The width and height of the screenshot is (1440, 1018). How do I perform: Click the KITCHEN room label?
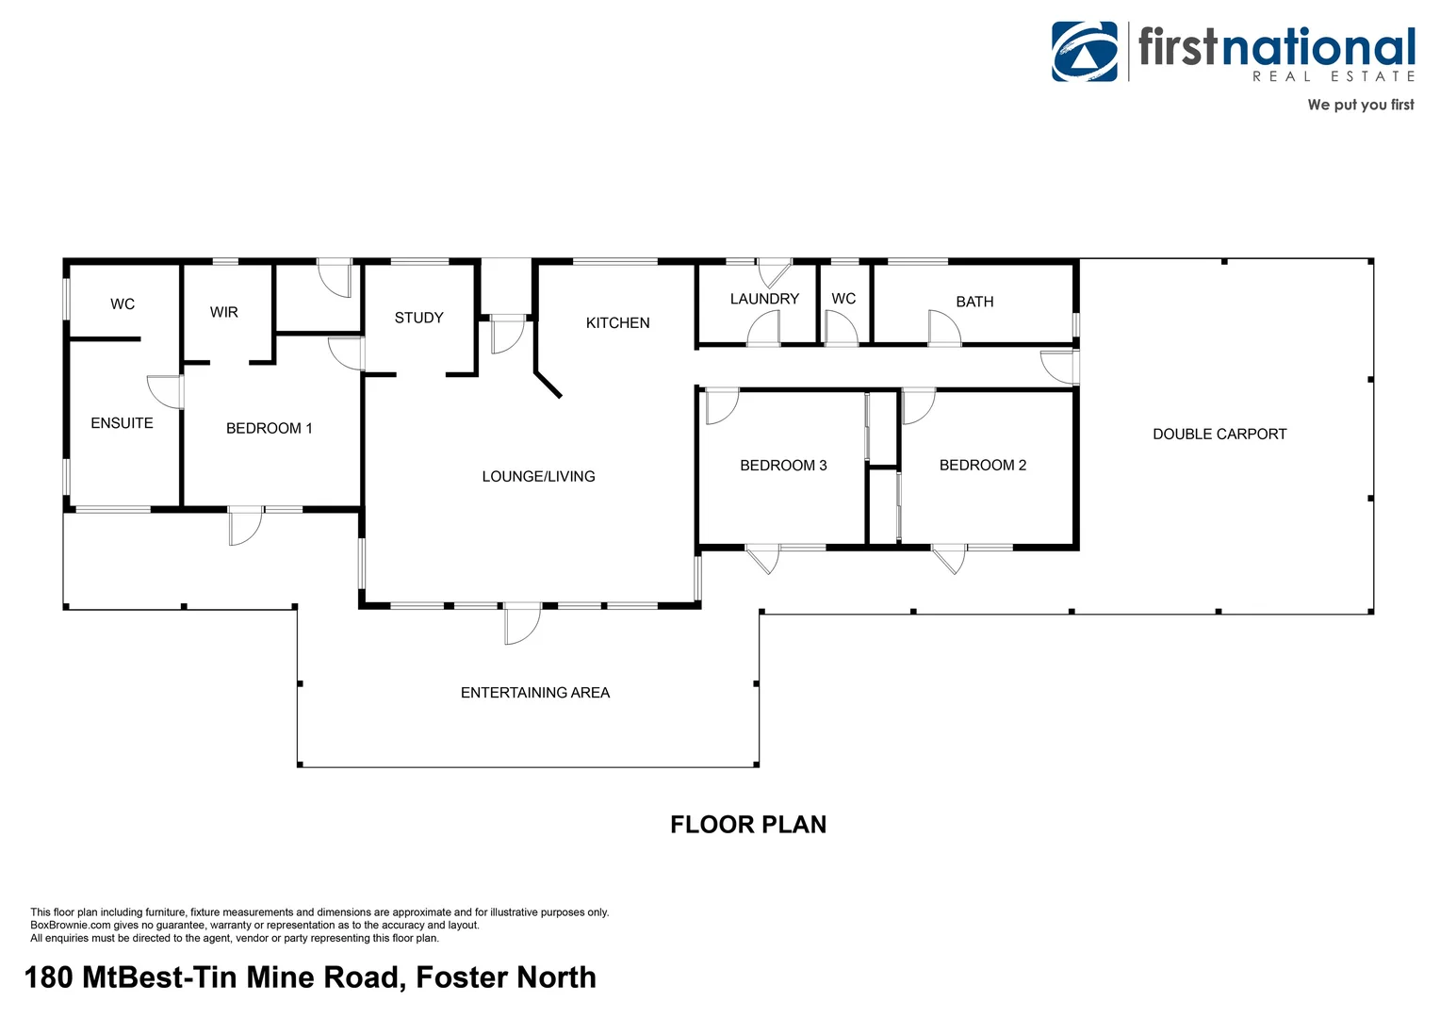(x=617, y=322)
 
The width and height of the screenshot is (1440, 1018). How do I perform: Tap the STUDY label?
(x=418, y=318)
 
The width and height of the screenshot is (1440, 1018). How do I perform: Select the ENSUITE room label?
(x=122, y=423)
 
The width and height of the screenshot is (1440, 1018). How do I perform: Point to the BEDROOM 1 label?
(x=269, y=428)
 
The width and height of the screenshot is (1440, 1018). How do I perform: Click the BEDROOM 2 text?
(x=982, y=465)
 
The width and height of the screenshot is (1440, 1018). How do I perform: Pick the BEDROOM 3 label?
(x=783, y=465)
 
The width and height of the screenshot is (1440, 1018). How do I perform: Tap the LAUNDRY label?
(x=764, y=299)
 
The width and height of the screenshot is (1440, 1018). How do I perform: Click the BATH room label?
(x=974, y=302)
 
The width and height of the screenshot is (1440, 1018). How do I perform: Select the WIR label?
(x=223, y=312)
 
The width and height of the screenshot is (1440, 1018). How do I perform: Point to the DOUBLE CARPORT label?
(x=1219, y=435)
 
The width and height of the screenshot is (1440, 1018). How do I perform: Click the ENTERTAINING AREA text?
(x=535, y=693)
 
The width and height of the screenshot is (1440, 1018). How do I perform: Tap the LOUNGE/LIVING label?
(x=538, y=477)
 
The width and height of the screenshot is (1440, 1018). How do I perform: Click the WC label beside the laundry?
(x=843, y=299)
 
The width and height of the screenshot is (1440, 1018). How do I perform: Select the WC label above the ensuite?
(x=123, y=304)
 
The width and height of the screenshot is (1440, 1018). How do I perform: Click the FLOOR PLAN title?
(x=748, y=825)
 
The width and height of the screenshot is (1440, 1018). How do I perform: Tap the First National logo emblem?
(x=1085, y=52)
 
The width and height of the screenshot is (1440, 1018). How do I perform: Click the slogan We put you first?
(x=1360, y=105)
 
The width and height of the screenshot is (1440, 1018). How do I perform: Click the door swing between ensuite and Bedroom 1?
(x=165, y=392)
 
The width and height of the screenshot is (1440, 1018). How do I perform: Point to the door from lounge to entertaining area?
(x=522, y=624)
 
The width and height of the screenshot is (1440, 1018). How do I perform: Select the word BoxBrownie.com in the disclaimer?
(x=71, y=926)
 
